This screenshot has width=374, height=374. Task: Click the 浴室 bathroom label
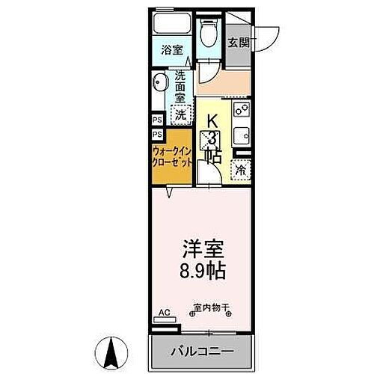coord(173,50)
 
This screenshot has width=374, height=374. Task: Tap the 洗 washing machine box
coord(181,115)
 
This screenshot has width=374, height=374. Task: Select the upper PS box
coord(158,120)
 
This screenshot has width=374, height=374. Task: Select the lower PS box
coord(158,135)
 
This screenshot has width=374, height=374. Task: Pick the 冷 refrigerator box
coord(241,171)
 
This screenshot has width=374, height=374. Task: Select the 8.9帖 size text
coord(203,269)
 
